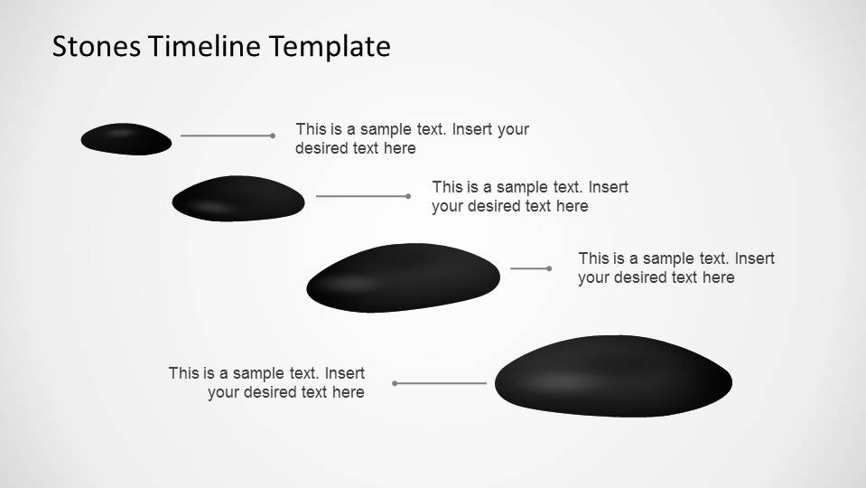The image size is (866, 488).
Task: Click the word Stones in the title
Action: coord(96,46)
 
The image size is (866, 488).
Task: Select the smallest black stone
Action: coord(126,139)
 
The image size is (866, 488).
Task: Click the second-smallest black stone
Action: coord(238,198)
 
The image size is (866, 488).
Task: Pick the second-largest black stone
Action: coord(403,277)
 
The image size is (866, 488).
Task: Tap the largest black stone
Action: coord(613,376)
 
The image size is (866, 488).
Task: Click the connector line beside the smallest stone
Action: coord(226,136)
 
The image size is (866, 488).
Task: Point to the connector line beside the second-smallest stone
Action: coord(361,196)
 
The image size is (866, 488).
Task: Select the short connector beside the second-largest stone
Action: coord(529,268)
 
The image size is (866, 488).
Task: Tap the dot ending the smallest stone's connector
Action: coord(273,136)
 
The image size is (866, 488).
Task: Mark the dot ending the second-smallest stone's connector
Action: coord(408,196)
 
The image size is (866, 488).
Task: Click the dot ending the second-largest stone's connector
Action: coord(549,268)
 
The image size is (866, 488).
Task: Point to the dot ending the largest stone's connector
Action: coord(395,383)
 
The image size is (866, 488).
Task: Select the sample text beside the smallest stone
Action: coord(412,138)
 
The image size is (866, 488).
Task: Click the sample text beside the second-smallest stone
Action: coord(530,196)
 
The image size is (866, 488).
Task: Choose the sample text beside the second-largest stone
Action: coord(676,267)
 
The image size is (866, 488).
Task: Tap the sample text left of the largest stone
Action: coord(266,382)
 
